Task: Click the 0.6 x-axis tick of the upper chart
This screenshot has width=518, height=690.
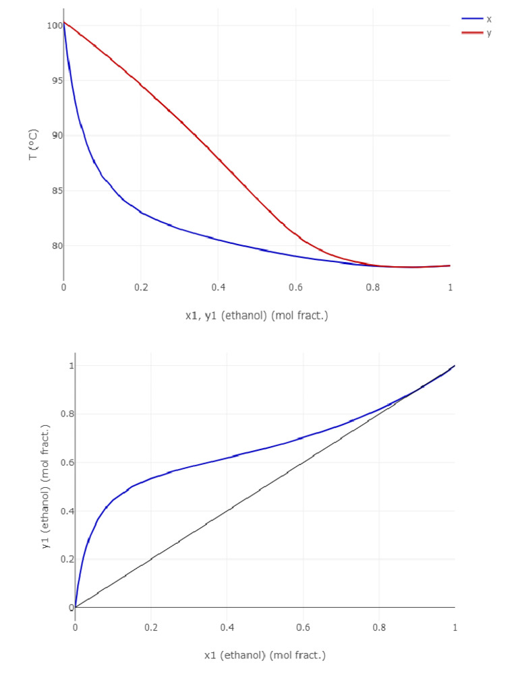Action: [295, 288]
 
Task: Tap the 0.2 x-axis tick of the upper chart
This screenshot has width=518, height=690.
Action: [141, 288]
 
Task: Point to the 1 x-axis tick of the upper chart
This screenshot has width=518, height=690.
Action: [450, 288]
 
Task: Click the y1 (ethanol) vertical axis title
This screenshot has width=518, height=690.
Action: [46, 487]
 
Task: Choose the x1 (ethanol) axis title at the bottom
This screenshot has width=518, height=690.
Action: [264, 655]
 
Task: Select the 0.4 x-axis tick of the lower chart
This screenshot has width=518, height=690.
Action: [227, 627]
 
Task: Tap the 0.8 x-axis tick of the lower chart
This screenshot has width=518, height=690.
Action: [379, 627]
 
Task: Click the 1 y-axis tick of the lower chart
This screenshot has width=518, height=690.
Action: [69, 366]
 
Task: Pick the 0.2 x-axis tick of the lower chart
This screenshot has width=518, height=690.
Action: [151, 627]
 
